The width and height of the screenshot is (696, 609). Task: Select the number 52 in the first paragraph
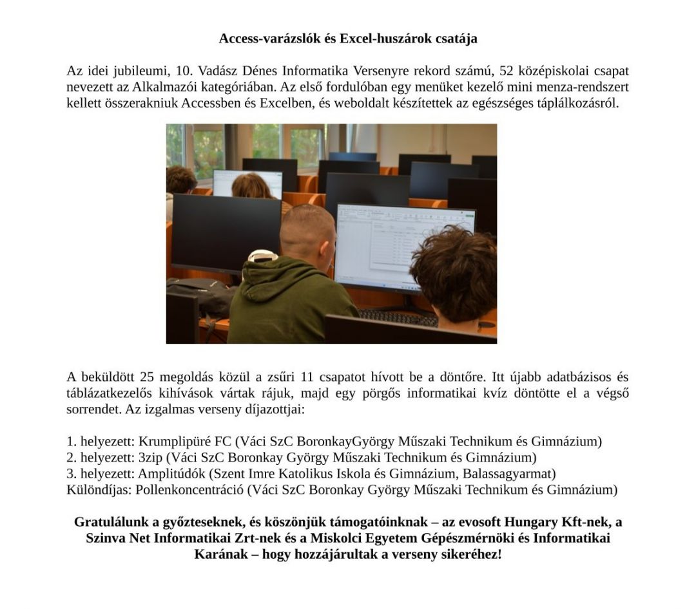[x=508, y=71]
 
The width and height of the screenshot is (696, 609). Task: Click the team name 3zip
[x=150, y=458]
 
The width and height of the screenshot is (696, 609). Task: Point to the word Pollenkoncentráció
[x=190, y=490]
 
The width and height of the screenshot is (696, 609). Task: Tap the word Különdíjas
[x=98, y=490]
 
